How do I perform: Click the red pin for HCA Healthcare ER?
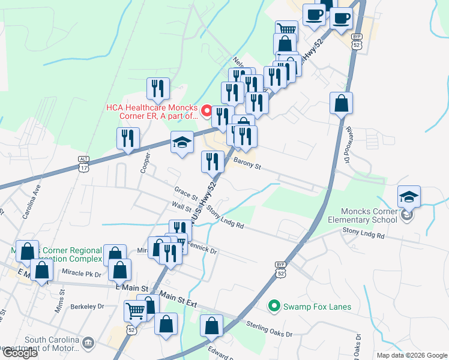(x=206, y=110)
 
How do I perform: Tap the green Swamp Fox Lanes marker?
(x=274, y=306)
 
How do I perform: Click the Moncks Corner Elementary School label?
(x=369, y=215)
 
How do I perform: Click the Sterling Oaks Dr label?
(x=270, y=329)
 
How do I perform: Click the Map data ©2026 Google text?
(x=411, y=355)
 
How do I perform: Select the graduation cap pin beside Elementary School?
(x=409, y=197)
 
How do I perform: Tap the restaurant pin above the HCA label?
(x=158, y=89)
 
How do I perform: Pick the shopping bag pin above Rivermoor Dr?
(x=341, y=103)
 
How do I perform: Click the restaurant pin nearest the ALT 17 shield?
(x=128, y=139)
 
